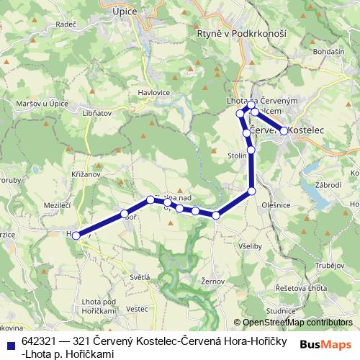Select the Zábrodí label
[x=328, y=184]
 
